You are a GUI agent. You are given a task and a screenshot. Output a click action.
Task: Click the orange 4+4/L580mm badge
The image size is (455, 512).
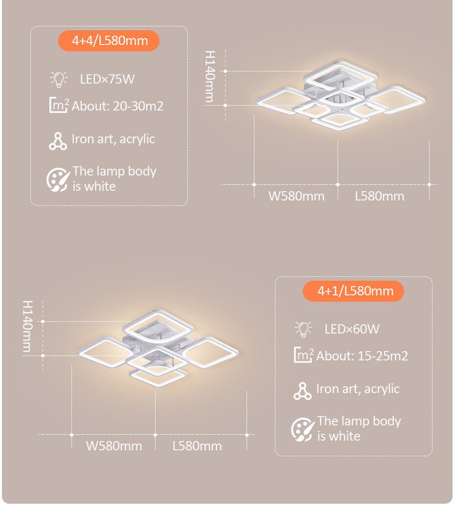tap(110, 41)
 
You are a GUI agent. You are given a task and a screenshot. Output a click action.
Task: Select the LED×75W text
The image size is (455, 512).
tap(107, 79)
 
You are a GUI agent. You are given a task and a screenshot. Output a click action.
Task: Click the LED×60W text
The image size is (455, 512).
tap(352, 329)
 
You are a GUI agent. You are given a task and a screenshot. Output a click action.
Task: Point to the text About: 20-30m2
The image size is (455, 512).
tap(117, 106)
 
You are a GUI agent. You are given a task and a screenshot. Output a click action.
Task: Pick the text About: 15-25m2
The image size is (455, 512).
tap(362, 356)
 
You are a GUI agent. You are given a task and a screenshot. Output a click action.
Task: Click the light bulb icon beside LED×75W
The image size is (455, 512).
tap(58, 79)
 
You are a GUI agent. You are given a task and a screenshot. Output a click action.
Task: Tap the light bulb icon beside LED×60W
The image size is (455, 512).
tap(303, 329)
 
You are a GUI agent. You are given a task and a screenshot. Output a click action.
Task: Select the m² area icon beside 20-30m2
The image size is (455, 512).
tap(59, 105)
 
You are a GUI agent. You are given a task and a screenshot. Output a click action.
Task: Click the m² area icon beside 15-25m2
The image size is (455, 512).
tap(303, 355)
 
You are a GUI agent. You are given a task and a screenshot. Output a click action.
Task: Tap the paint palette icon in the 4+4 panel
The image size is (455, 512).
tap(58, 179)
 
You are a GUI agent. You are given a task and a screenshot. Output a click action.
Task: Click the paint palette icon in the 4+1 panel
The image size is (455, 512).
tap(303, 429)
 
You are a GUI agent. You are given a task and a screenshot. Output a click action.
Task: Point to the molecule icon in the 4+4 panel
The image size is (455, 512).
tap(58, 141)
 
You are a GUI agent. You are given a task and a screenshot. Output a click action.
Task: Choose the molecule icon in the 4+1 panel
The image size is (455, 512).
tap(303, 391)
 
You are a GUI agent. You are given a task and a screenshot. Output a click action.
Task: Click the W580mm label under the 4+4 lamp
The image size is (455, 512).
tap(296, 197)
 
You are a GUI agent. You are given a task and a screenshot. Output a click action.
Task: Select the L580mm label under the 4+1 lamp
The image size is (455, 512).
tap(197, 446)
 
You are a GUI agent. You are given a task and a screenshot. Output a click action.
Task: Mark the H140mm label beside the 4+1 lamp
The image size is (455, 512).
tap(27, 326)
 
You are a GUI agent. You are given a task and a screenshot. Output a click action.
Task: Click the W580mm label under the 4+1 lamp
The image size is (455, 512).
tap(114, 446)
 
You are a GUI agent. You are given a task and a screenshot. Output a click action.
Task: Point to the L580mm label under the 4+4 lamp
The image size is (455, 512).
tap(380, 197)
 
